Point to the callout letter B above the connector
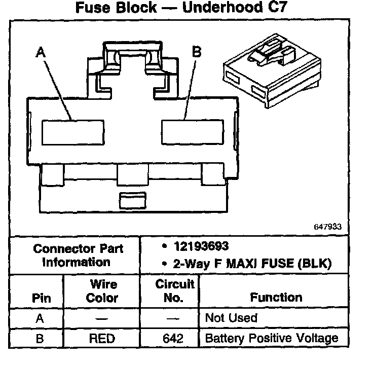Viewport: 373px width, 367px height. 197,52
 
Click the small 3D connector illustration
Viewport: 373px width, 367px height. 272,72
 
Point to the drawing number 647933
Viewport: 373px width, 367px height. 328,227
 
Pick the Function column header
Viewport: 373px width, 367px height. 276,298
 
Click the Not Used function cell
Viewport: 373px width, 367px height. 231,318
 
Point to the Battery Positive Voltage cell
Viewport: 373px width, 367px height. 271,338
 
